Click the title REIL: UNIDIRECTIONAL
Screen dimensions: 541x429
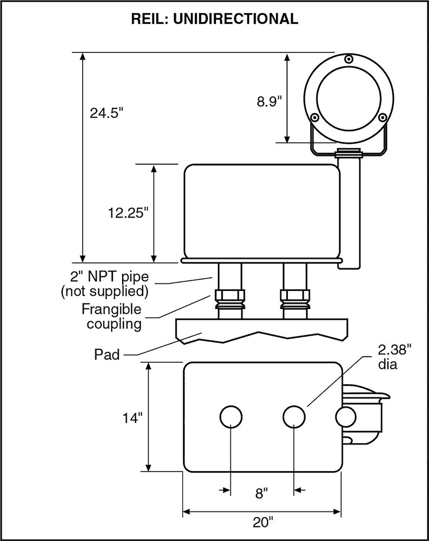tap(215, 19)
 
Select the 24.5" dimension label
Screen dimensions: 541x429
tap(107, 113)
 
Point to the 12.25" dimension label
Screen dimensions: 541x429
tap(128, 213)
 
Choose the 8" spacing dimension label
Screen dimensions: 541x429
tap(262, 493)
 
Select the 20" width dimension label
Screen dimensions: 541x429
tap(263, 522)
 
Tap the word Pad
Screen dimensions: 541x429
tap(107, 354)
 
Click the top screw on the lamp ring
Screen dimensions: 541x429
tap(348, 58)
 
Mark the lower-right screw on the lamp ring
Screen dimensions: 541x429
tap(382, 117)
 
